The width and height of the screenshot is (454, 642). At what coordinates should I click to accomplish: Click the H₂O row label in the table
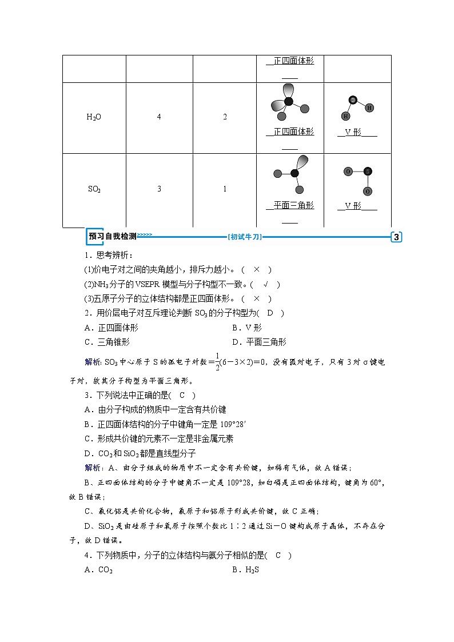coord(94,117)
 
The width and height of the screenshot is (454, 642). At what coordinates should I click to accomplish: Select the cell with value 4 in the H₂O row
coord(159,117)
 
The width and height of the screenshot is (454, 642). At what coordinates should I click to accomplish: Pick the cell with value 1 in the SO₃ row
coord(225,189)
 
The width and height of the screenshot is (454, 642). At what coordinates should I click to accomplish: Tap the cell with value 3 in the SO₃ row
coord(159,189)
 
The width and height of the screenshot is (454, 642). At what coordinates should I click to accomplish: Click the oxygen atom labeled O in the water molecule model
coord(353,100)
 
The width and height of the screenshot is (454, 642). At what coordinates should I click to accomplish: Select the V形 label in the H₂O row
coord(357,132)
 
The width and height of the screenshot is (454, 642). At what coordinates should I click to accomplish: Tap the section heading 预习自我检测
coord(112,237)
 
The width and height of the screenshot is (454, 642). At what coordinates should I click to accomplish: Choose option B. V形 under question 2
coord(247,328)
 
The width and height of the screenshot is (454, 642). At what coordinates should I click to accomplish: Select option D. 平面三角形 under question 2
coord(259,342)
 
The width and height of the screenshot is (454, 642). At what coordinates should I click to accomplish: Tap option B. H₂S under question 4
coord(246,570)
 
